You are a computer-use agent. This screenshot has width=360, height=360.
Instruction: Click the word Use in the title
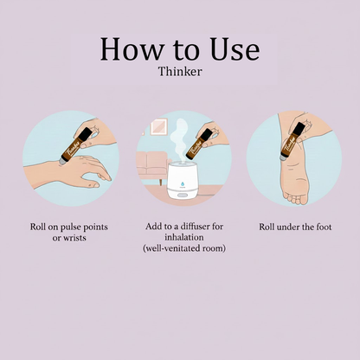[231, 49]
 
